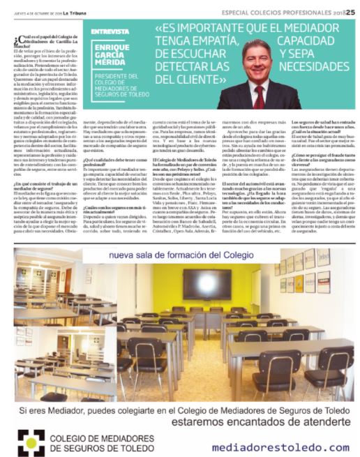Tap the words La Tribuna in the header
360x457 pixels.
click(x=76, y=12)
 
